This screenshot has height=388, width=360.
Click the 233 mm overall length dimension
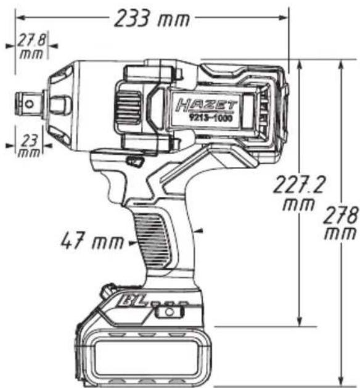point(152,19)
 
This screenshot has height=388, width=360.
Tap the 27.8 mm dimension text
point(31,47)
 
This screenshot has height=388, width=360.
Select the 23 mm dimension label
point(29,146)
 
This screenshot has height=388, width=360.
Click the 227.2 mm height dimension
point(299,192)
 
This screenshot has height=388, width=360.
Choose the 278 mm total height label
point(341,223)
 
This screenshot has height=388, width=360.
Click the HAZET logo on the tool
point(207,105)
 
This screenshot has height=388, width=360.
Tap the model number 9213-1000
point(211,118)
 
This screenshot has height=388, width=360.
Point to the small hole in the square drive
point(30,104)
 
